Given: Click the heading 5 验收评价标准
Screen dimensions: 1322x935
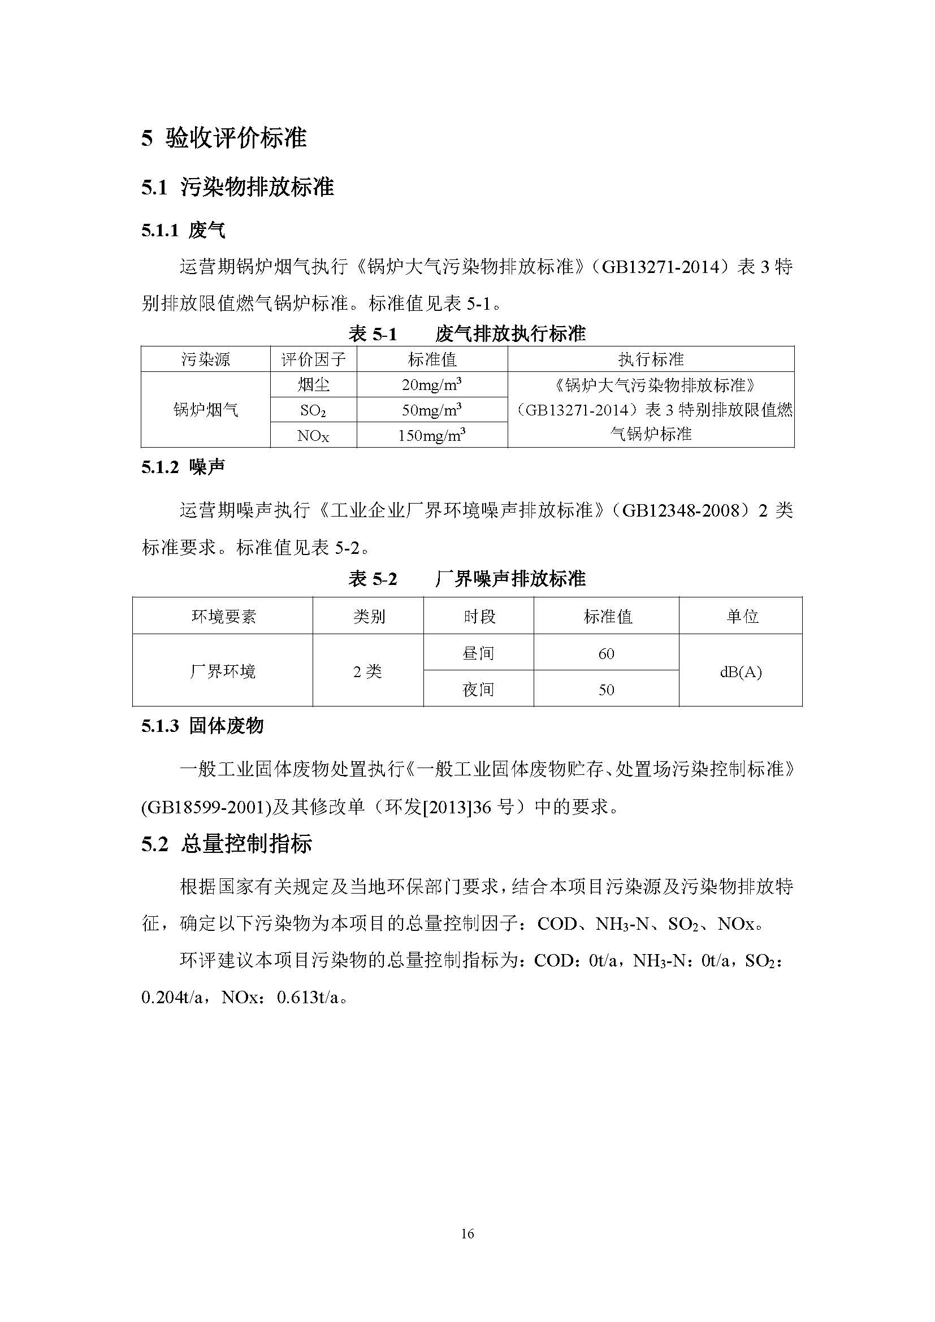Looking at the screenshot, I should pos(224,137).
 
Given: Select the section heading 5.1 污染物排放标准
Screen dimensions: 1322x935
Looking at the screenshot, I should pos(238,187).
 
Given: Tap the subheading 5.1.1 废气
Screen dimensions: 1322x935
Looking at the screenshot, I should pos(183,231).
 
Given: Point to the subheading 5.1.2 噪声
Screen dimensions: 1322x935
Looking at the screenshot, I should pos(183,467).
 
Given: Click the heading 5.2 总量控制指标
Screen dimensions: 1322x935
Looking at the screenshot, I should pos(227,843).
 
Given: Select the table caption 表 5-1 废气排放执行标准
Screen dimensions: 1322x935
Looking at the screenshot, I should pos(467,333).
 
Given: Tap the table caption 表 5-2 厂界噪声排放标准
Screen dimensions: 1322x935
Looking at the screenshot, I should pos(467,579).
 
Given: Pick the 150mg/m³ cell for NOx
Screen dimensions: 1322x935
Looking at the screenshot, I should pos(432,435).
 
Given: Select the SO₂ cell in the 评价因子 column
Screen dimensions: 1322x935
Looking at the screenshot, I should pos(313,410).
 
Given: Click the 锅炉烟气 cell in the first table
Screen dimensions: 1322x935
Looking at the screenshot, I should pos(206,410).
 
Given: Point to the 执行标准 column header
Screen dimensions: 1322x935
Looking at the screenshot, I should pos(651,359).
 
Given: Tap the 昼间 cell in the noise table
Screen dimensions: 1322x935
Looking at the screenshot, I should pos(478,653).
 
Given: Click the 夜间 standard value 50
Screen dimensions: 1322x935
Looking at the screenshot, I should pos(606,690).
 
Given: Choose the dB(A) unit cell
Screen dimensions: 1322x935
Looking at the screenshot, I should pos(741,671).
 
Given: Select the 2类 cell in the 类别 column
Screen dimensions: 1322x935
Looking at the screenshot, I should pos(368,671).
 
